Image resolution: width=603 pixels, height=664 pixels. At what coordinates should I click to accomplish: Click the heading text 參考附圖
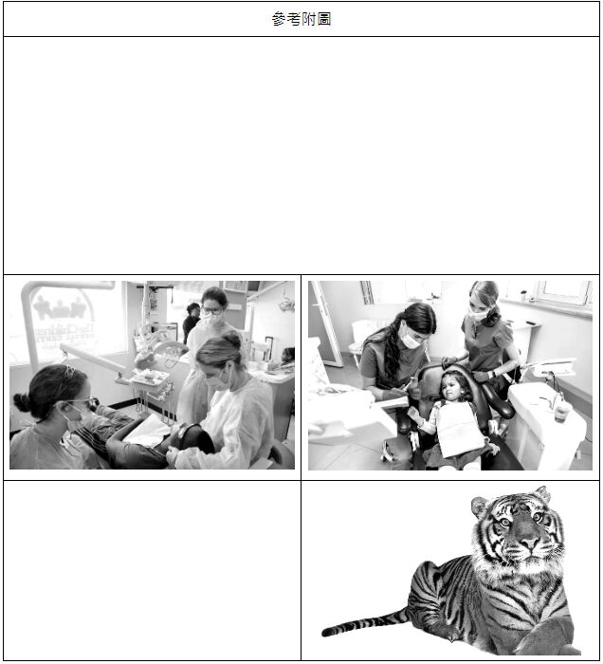(301, 19)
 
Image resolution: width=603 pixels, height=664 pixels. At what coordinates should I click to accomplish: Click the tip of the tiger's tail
(325, 633)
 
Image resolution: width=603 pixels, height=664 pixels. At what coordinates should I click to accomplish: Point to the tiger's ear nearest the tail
(481, 506)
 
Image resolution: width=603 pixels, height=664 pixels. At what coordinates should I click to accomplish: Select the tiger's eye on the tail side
(505, 522)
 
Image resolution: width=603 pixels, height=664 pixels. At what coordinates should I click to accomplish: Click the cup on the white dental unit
(562, 411)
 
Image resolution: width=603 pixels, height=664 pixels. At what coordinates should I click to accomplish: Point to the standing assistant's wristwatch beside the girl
(490, 375)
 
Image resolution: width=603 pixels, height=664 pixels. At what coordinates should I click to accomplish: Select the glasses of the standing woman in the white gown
(211, 312)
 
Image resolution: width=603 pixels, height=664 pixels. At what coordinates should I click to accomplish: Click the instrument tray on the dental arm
(149, 377)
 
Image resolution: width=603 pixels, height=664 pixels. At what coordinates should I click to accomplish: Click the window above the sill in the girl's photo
(564, 292)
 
